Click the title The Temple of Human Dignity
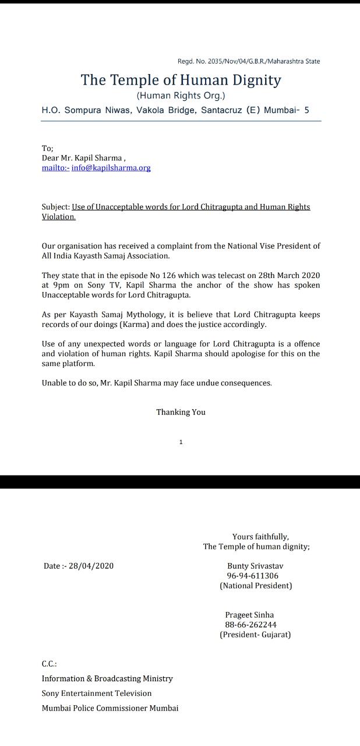point(181,80)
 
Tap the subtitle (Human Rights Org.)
point(181,96)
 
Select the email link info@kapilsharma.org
point(111,168)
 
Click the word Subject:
point(55,207)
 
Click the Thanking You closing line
point(181,412)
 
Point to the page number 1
point(181,442)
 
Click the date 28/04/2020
point(91,566)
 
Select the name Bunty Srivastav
point(255,566)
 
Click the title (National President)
point(256,586)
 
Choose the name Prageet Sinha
point(249,615)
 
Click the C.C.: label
point(49,664)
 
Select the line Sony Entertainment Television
point(96,694)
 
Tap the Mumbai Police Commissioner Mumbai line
point(110,708)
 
